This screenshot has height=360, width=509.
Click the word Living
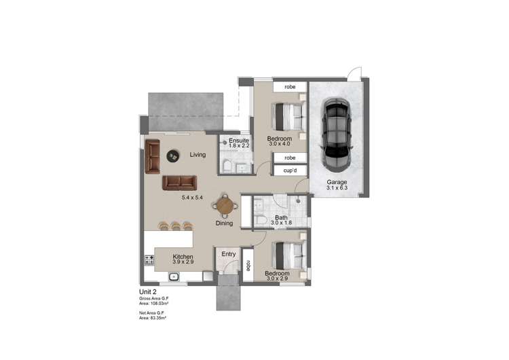click(197, 155)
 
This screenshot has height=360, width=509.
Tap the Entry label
click(229, 255)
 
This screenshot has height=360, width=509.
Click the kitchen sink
click(174, 276)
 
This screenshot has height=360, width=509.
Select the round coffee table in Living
click(173, 155)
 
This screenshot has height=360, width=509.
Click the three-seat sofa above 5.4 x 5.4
click(180, 182)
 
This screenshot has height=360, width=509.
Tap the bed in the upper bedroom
click(288, 117)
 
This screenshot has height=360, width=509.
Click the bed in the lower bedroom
click(288, 257)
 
